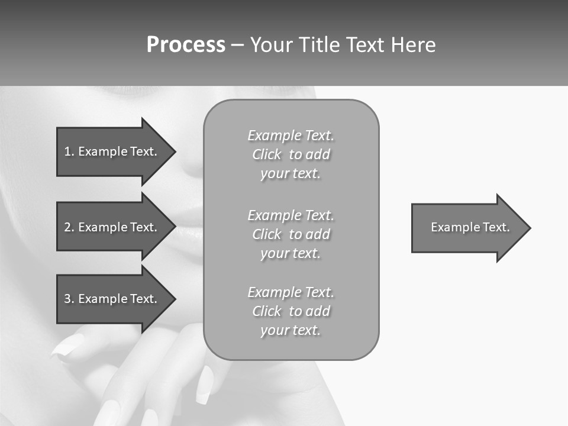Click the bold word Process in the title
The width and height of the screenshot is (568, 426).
(186, 45)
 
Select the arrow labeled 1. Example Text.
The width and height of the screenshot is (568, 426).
(112, 151)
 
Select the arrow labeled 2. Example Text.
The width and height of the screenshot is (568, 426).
(112, 227)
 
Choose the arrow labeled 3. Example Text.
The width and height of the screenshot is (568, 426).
(112, 299)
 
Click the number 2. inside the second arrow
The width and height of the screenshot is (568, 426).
(69, 227)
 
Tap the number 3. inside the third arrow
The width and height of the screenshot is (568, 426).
(69, 299)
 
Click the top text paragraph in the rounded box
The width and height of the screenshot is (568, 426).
(291, 154)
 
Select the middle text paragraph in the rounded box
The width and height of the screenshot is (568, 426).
(291, 234)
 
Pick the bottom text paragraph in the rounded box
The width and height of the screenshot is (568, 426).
(291, 311)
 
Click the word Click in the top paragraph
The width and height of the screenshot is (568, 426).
(267, 154)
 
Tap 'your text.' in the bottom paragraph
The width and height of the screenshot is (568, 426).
(291, 330)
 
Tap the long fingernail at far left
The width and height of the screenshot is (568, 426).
(66, 346)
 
